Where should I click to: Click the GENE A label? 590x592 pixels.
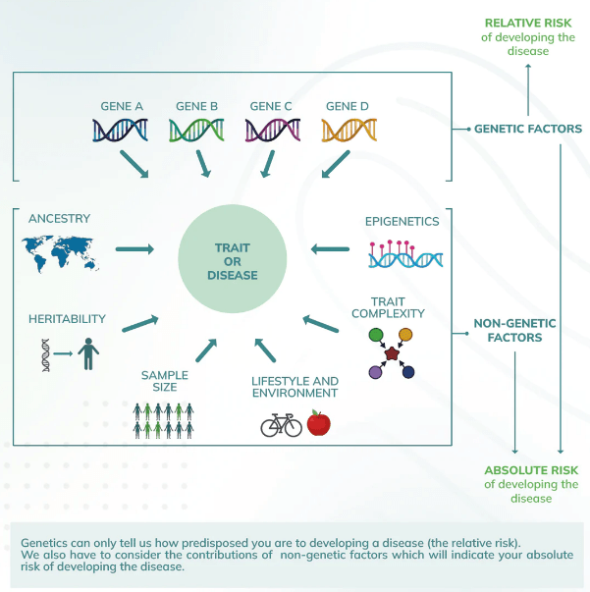point(122,106)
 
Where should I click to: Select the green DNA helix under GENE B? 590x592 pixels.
point(196,130)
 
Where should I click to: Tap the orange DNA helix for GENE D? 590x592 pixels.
point(349,130)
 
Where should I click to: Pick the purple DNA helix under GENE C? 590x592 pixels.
point(272,130)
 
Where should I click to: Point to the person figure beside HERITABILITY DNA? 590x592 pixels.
point(90,354)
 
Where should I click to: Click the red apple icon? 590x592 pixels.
point(318,423)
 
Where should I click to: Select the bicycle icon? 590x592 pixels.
point(281,425)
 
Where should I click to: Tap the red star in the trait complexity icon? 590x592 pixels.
point(392,353)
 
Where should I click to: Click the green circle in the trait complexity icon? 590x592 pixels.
point(375,336)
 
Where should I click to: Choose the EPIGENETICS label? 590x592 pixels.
point(402,221)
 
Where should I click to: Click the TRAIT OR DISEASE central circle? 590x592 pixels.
point(232,260)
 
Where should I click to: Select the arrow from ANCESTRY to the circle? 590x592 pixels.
point(135,249)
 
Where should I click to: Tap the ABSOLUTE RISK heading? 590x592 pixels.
point(530,469)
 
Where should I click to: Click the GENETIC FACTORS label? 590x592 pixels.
point(528,129)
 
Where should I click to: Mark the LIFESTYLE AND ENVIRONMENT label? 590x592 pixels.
point(295,387)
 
